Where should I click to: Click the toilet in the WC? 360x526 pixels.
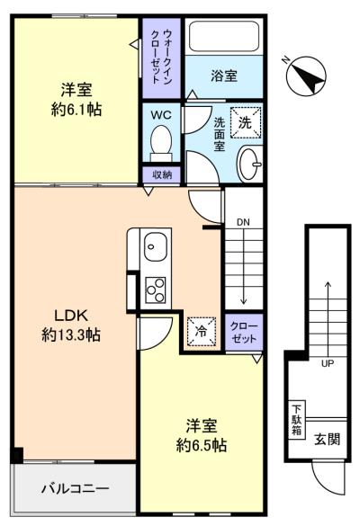coord(161,144)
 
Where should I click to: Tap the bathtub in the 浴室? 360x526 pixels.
coord(224,36)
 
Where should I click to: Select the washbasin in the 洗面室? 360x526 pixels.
coord(250,164)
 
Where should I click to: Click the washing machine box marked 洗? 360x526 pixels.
coord(246,122)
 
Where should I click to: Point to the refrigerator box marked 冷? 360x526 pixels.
coord(202,332)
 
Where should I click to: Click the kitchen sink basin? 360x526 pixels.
coord(156,247)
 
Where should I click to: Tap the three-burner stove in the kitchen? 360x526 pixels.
coord(156,290)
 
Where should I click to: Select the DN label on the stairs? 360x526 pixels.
coord(243,222)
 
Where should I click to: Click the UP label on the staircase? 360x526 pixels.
coord(328,363)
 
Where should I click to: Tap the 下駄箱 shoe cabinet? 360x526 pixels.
coord(297,420)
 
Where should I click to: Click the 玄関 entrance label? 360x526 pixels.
coord(327,439)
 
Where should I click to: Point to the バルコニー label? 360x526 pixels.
coord(75,488)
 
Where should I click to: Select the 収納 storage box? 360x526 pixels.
coord(161,174)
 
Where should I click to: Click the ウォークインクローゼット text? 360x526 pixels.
coord(162,57)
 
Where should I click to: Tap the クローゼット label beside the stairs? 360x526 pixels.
coord(244,333)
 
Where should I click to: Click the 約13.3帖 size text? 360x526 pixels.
coord(71,334)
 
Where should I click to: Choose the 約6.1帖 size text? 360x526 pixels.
coord(76,110)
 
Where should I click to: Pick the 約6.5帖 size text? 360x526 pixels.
coord(202,445)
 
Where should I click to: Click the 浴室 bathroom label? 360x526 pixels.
coord(224,76)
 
